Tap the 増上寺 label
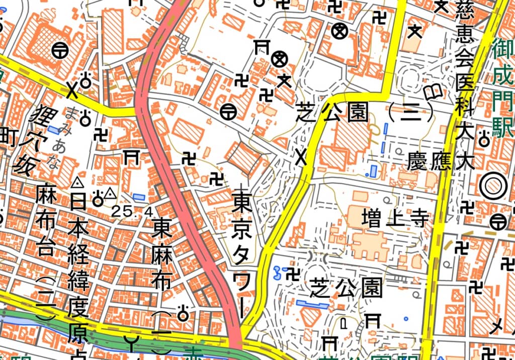pyautogui.click(x=395, y=218)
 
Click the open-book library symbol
pyautogui.click(x=433, y=93)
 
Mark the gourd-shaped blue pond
pyautogui.click(x=276, y=273)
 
